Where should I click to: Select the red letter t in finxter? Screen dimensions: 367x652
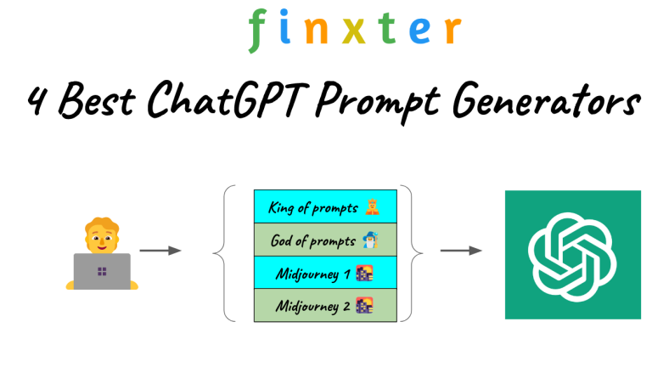pyautogui.click(x=388, y=29)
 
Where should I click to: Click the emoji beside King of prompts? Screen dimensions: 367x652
pyautogui.click(x=372, y=206)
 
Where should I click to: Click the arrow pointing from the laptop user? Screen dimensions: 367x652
pyautogui.click(x=160, y=251)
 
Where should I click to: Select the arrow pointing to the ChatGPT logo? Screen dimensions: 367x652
pyautogui.click(x=460, y=251)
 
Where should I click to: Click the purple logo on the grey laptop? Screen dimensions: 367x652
pyautogui.click(x=102, y=272)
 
